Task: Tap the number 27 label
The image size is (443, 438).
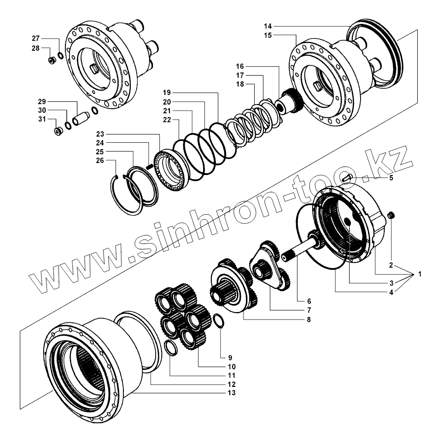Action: [x=36, y=38]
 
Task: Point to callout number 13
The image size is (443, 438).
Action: [x=231, y=393]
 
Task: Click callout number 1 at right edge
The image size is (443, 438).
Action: [x=420, y=274]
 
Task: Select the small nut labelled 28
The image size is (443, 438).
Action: [x=52, y=60]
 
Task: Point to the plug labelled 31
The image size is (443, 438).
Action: [x=58, y=132]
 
